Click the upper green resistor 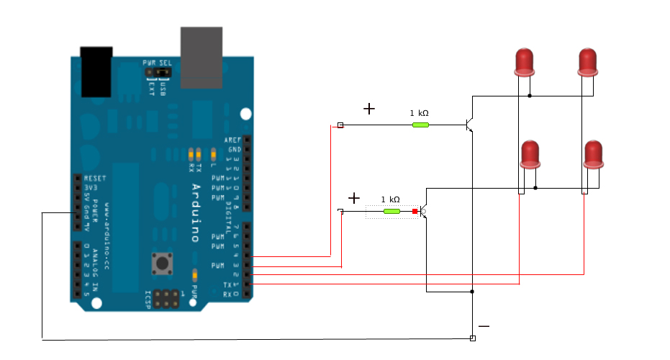[420, 125]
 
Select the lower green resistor [391, 211]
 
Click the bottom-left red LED [530, 153]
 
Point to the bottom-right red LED [593, 153]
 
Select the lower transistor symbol [424, 212]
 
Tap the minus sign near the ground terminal [484, 326]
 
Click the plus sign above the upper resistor [369, 109]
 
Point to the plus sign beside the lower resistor [353, 198]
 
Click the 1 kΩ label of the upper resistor [420, 113]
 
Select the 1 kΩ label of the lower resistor [390, 199]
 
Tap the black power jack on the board [96, 71]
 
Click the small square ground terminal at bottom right [472, 338]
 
